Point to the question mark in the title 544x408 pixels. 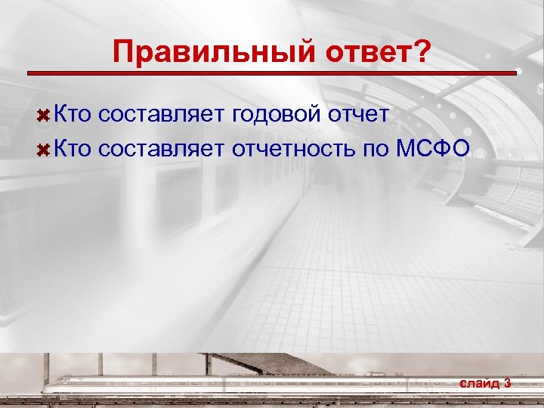click(422, 53)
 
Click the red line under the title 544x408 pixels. click(272, 73)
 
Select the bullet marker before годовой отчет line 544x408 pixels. click(45, 115)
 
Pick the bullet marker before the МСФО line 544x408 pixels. click(45, 149)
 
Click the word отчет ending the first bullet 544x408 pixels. click(361, 114)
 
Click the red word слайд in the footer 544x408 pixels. click(479, 383)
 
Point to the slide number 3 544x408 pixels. click(507, 383)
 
